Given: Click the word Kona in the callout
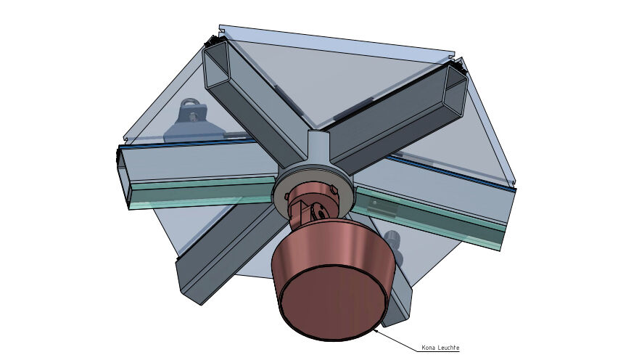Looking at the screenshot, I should click(x=429, y=348).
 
